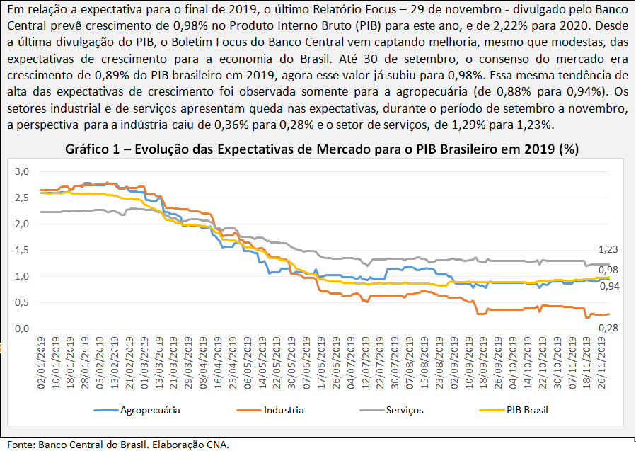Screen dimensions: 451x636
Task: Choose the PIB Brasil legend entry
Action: pyautogui.click(x=527, y=410)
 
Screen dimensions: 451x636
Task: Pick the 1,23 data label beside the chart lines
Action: pyautogui.click(x=608, y=250)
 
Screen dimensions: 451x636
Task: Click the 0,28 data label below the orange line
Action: pyautogui.click(x=608, y=328)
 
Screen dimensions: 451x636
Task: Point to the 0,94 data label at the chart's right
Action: pyautogui.click(x=608, y=286)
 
